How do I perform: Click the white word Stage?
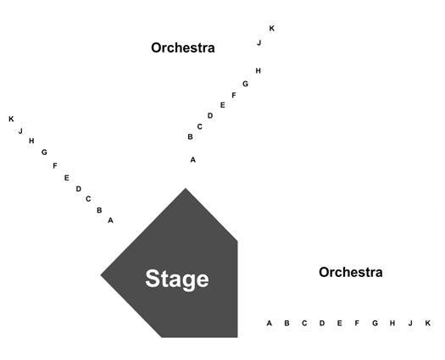tap(177, 280)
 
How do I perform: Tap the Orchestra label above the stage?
tap(183, 47)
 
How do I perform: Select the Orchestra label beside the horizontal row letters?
tap(351, 273)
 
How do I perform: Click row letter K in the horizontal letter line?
tap(428, 323)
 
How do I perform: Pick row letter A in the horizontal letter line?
tap(270, 323)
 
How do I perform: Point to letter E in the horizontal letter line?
tap(339, 323)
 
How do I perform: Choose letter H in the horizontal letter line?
tap(392, 323)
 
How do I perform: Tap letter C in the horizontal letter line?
tap(304, 323)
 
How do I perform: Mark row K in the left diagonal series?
tap(11, 119)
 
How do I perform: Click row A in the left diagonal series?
tap(111, 220)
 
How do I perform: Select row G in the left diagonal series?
tap(44, 152)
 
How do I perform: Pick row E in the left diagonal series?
tap(66, 178)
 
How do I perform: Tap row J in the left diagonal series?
tap(20, 131)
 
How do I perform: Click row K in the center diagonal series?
tap(271, 28)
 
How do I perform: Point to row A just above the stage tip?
tap(193, 160)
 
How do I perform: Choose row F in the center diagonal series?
tap(234, 96)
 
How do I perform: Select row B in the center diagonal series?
tap(190, 137)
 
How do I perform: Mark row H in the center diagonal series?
tap(258, 70)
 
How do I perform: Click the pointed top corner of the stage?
tap(186, 188)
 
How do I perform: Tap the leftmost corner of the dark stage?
tap(101, 274)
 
